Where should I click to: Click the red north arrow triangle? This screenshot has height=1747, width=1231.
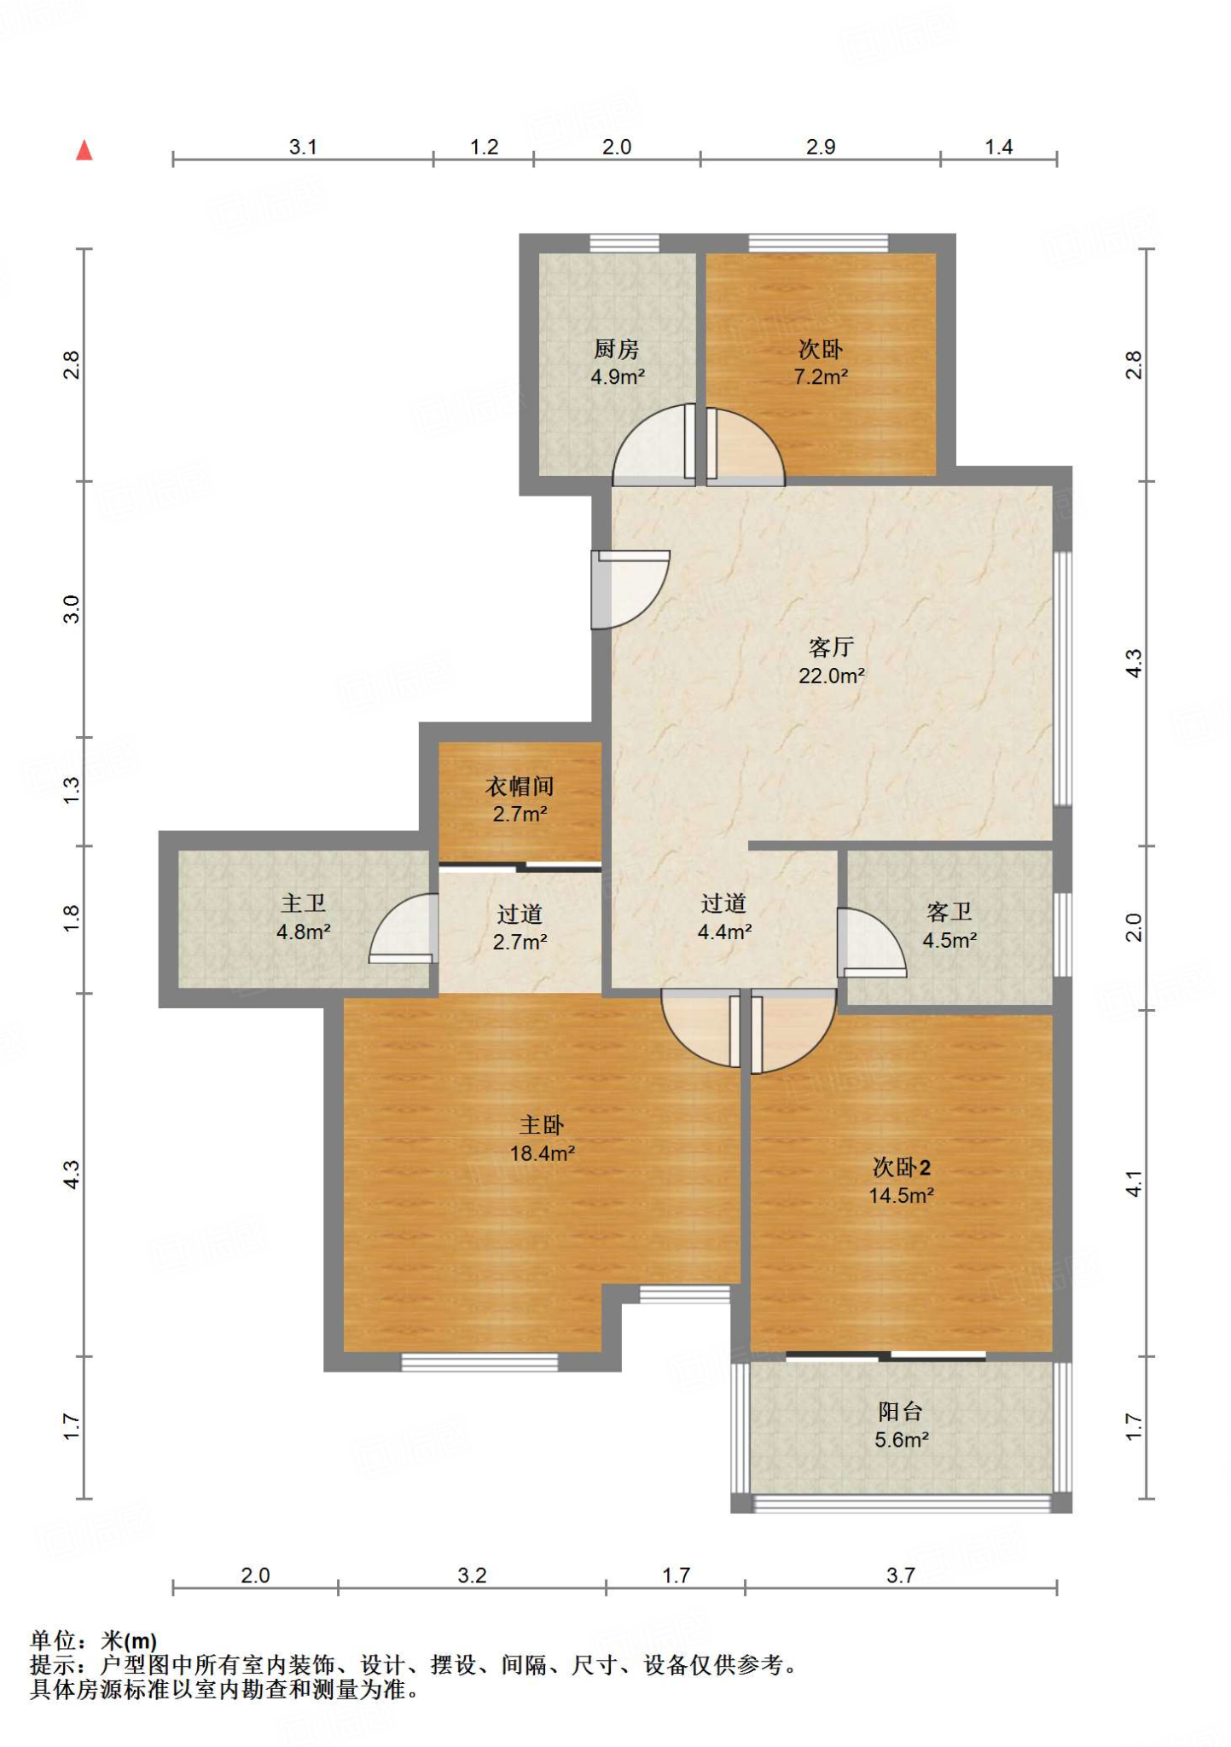coord(84,151)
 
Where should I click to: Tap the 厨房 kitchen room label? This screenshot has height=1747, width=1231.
coord(616,349)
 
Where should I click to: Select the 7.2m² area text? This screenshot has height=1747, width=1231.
coord(821,377)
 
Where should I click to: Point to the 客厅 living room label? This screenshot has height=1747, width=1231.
coord(831,647)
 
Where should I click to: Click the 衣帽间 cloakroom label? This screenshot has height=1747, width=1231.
coord(520,786)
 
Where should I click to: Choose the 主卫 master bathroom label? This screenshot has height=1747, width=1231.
coord(303,903)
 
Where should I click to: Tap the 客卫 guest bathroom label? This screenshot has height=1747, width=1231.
coord(949,912)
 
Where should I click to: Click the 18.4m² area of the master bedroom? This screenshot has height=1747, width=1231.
coord(542,1153)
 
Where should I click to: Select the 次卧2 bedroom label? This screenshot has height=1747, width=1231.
coord(901,1167)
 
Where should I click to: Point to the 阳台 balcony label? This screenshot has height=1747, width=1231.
coord(900,1412)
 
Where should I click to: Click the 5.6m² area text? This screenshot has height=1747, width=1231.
coord(901,1440)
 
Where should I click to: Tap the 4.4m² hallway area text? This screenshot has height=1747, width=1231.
coord(724,932)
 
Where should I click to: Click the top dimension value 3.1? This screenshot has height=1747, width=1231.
coord(303,147)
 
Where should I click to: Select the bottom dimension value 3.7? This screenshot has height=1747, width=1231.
coord(901,1575)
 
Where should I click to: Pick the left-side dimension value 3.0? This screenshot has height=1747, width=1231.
coord(71,609)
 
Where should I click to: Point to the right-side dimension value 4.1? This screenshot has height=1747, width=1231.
coord(1133,1184)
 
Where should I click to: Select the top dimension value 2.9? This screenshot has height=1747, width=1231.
coord(821,147)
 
